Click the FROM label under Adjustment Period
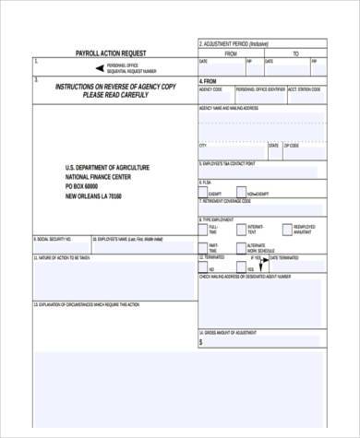pyautogui.click(x=231, y=53)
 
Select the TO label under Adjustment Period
pyautogui.click(x=295, y=53)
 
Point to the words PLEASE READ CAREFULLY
pyautogui.click(x=114, y=94)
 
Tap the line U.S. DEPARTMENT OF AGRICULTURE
pyautogui.click(x=107, y=168)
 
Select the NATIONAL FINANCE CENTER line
pyautogui.click(x=102, y=177)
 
